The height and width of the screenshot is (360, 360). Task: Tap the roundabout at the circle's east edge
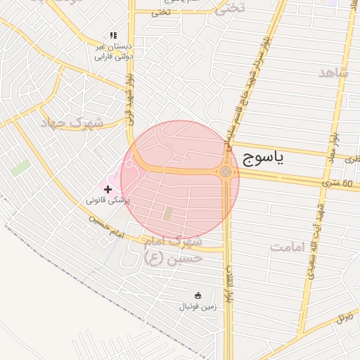226,172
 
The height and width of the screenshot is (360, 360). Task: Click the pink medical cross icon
107,189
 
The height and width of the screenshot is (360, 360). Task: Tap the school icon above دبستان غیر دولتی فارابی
113,35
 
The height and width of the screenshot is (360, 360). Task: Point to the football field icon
198,295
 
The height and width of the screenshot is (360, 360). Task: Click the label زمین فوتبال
195,307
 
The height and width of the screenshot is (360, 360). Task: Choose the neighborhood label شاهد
333,73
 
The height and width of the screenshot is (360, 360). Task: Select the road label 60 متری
337,183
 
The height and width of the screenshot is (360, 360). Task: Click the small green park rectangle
20,168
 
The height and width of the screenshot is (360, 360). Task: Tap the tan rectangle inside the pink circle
167,212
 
